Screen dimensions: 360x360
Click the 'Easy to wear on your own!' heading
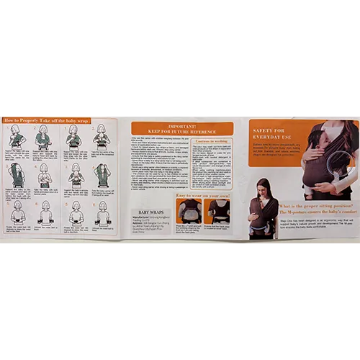pos(202,195)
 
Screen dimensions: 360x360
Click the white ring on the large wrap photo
pos(336,168)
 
